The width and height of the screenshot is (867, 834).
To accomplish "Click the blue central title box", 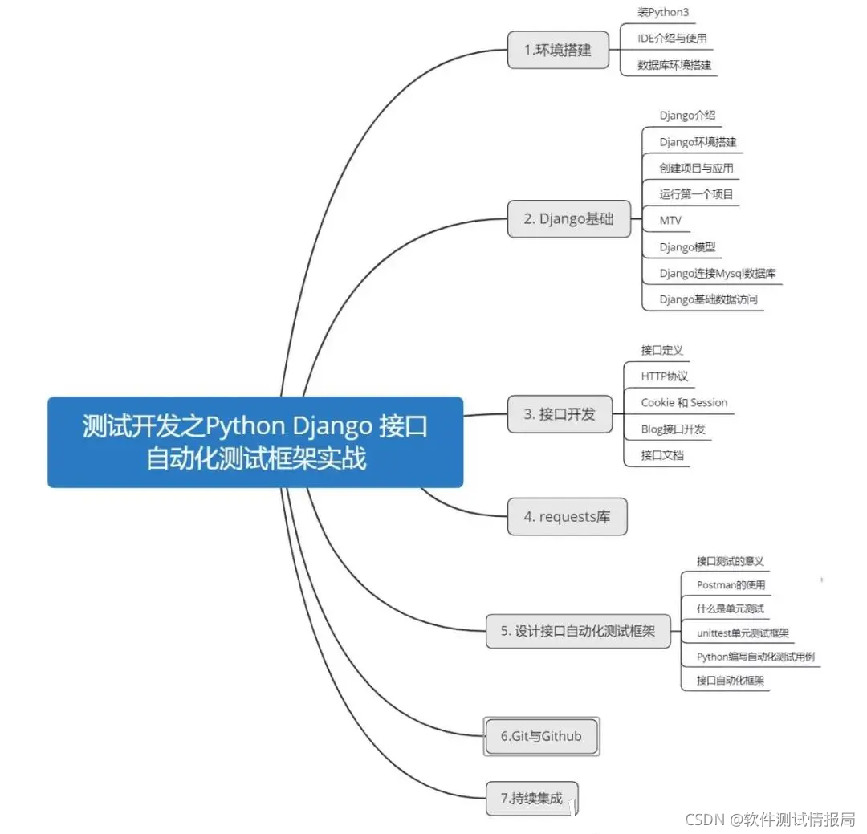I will coord(255,441).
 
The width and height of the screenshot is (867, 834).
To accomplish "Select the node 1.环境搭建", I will coord(557,50).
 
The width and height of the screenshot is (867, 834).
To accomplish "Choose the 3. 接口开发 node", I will coord(560,414).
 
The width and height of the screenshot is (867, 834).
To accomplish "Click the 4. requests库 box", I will coord(567,516).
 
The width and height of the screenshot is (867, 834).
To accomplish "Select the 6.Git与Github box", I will coord(541,735).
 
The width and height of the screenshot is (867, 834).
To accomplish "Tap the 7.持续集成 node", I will coord(531,798).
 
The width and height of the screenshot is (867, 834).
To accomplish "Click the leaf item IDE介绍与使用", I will coord(672,38).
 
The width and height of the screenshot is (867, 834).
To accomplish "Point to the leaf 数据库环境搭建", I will coord(674,64).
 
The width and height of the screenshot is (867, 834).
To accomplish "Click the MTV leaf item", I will coord(670,220).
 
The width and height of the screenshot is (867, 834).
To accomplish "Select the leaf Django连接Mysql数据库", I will coord(717,273).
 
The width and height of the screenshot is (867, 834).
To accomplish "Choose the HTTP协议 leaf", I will coord(664,376).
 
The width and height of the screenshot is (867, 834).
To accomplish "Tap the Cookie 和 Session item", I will coord(684,402).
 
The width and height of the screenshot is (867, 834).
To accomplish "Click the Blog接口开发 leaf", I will coord(673,429).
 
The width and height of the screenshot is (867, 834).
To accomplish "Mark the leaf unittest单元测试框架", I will coord(743,633).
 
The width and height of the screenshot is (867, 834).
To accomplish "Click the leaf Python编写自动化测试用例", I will coord(755,657).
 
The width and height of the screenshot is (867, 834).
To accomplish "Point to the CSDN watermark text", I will coord(769,818).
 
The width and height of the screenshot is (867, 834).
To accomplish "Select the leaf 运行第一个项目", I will coord(696,193).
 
